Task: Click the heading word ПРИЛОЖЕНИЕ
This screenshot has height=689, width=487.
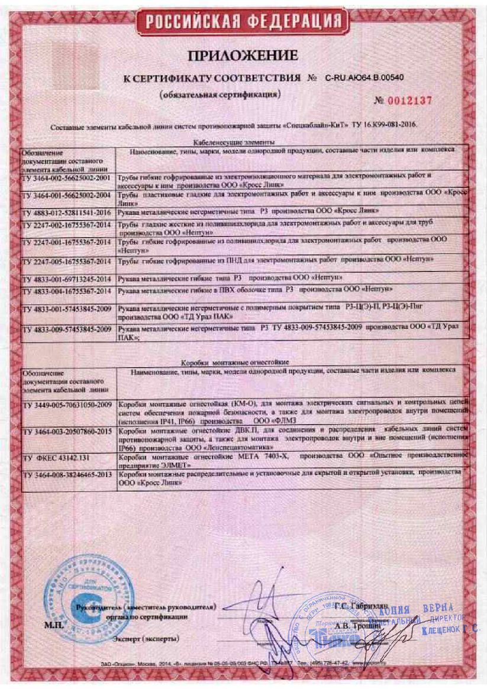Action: [x=243, y=56]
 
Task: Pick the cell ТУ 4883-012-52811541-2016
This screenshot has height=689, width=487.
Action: [x=65, y=209]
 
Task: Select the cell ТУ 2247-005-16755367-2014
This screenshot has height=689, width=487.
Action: [x=65, y=261]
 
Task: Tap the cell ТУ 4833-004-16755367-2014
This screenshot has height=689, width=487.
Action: [x=65, y=290]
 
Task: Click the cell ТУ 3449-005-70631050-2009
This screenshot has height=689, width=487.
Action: [x=65, y=405]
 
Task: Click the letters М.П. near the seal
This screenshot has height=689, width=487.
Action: [x=53, y=624]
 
